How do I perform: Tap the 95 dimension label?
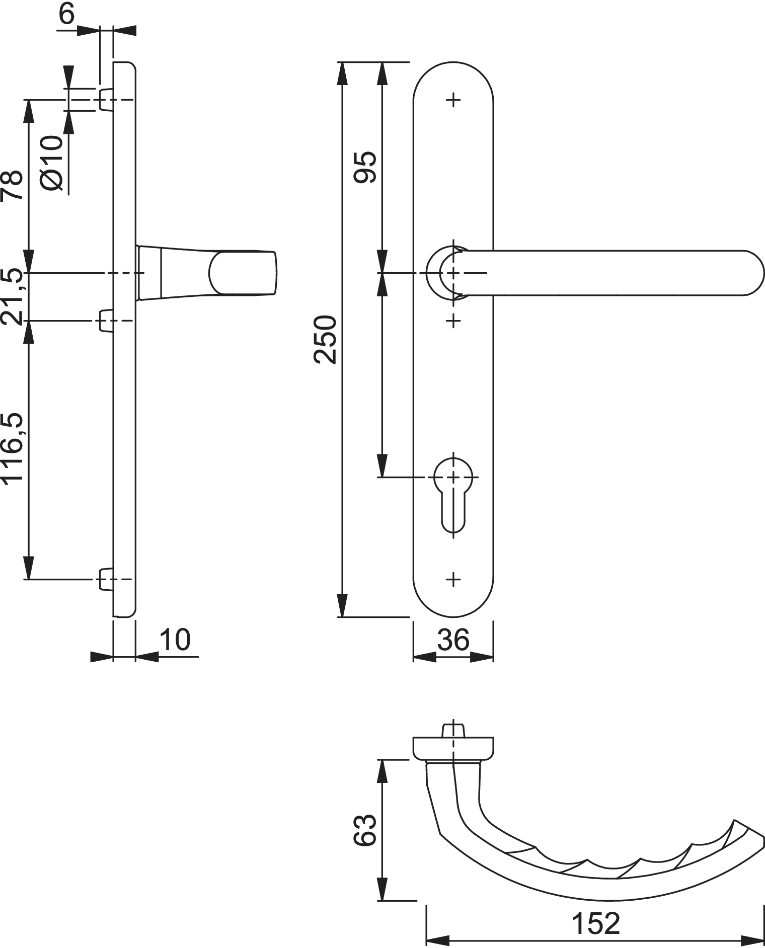[366, 167]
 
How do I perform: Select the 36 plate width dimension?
[453, 640]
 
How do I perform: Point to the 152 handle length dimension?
[596, 923]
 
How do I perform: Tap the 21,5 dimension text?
[12, 297]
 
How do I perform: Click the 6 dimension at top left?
[66, 14]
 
